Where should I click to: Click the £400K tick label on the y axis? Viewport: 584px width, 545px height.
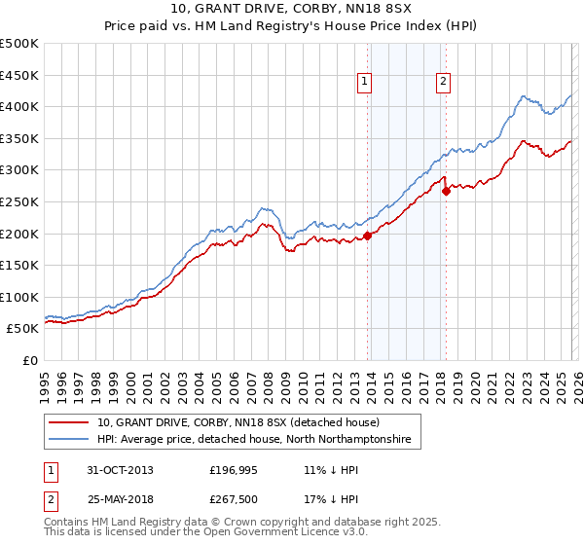pos(19,106)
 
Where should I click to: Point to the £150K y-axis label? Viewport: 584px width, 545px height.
pos(19,265)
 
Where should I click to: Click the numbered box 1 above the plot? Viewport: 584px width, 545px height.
pos(366,83)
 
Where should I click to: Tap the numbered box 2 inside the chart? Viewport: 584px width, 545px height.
pos(443,83)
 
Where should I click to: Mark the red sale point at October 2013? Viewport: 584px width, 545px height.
pos(368,235)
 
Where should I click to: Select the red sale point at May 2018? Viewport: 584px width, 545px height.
pos(446,191)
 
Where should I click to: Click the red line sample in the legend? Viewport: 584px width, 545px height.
pos(67,423)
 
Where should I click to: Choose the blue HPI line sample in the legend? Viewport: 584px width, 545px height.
pos(67,440)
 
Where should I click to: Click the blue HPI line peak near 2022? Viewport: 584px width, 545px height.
pos(524,96)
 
